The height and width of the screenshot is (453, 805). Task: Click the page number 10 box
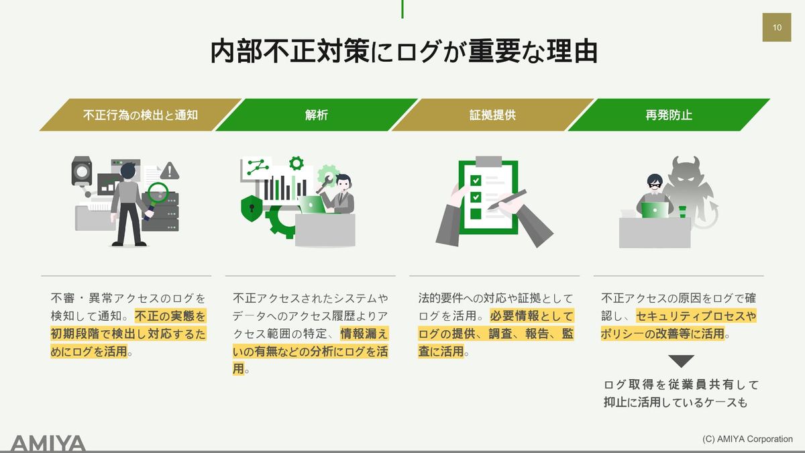(777, 28)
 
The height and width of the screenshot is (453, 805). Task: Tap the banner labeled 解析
(316, 115)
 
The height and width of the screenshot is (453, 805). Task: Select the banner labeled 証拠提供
(492, 115)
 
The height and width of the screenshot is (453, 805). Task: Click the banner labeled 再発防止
(668, 115)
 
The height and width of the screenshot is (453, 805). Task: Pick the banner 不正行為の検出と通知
(140, 115)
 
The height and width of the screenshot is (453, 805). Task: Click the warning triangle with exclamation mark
(170, 170)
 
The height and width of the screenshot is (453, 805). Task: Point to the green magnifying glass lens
(158, 193)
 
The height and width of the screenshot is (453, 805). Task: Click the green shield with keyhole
(252, 208)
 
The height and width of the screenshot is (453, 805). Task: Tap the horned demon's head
(686, 172)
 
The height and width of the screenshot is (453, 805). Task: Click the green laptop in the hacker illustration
(655, 210)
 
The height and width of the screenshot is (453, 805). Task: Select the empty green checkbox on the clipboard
(476, 213)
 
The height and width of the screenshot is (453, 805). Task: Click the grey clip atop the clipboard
(488, 162)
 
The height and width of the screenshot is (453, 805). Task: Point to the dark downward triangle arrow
(681, 361)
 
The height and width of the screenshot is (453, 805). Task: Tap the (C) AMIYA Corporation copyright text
(747, 439)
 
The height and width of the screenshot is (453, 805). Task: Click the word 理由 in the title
(572, 52)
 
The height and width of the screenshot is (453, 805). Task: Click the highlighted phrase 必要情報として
(532, 316)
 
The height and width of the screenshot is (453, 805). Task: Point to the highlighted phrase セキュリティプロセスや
(696, 316)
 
